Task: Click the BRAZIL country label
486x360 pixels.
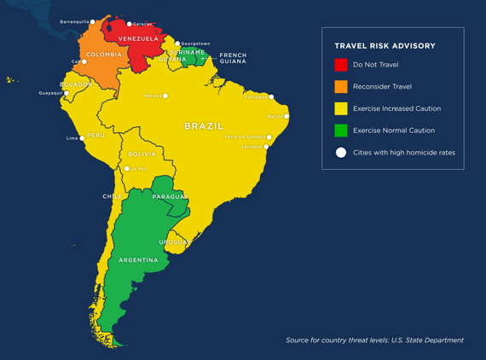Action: coord(204,126)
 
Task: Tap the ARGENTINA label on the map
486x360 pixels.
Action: coord(138,260)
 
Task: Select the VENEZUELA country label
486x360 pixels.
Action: coord(138,38)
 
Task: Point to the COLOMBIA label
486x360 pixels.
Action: coord(104,55)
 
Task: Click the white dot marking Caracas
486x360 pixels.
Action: coord(130,24)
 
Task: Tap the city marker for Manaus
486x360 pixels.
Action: coord(165,96)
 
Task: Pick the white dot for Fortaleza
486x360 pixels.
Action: coord(272,97)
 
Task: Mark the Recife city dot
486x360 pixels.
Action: coord(286,116)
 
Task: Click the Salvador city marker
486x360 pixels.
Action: coord(267,147)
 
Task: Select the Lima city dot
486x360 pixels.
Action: coord(83,138)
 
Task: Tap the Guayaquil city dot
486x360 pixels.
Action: coord(67,94)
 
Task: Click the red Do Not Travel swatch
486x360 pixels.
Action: coord(341,65)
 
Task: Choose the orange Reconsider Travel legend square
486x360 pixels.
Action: coord(341,86)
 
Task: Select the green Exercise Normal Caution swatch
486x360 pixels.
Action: coord(341,131)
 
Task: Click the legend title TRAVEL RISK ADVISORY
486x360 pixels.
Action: coord(385,46)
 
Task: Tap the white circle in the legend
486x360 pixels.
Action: coord(341,153)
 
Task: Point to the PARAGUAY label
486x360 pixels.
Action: coord(169,197)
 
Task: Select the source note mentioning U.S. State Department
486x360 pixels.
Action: coord(374,340)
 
